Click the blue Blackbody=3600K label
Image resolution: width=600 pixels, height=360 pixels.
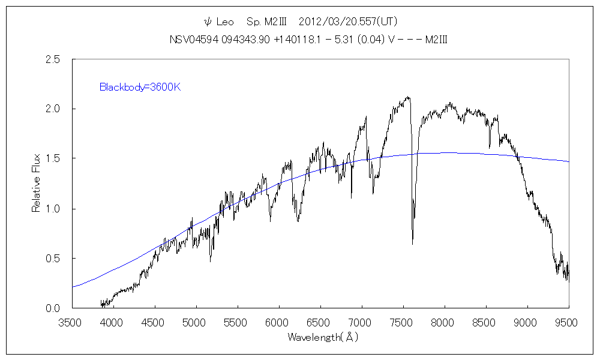(x=140, y=87)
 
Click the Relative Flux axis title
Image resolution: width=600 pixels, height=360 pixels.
(x=36, y=183)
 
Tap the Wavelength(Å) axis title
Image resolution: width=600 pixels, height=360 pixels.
(x=322, y=337)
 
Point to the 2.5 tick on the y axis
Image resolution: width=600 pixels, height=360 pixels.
(x=53, y=59)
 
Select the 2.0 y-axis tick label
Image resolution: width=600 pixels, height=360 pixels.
(x=53, y=109)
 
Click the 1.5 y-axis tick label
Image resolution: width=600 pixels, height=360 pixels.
(x=53, y=159)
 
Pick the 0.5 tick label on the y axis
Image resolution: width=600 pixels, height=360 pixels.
(x=53, y=259)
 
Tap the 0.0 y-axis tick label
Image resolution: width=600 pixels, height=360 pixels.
(x=53, y=308)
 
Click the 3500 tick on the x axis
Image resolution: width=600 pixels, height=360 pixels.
(x=71, y=323)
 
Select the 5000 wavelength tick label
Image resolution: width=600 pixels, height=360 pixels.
(x=195, y=323)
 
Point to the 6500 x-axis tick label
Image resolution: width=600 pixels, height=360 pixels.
(x=319, y=323)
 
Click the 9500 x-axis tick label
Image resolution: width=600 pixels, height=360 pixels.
(x=568, y=323)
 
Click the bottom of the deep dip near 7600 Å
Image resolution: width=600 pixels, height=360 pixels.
(x=412, y=243)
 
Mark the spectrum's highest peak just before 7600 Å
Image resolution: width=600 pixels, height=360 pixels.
(x=408, y=97)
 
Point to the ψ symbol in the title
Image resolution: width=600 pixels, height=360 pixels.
(x=208, y=22)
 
